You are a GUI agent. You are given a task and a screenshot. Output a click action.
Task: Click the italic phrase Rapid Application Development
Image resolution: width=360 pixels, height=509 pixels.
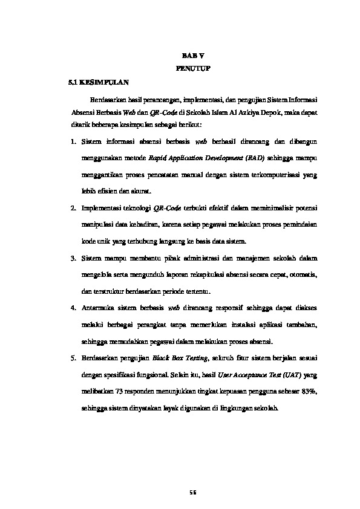195,158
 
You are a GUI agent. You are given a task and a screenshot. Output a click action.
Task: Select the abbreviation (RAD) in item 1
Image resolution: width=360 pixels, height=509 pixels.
258,158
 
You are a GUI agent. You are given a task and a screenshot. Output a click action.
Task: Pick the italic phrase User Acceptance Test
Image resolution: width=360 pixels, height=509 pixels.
250,375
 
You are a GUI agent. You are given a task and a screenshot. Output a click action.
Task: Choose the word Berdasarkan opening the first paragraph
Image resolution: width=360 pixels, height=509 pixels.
110,99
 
